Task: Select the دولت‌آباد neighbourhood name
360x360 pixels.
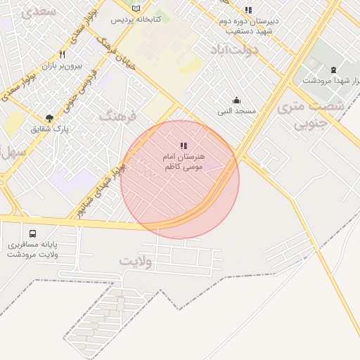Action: [233, 51]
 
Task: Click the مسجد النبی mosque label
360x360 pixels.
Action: [236, 112]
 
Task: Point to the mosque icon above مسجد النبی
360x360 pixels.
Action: [236, 101]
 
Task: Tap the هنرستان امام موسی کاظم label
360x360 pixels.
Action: [184, 161]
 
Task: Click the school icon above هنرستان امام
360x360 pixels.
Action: [184, 146]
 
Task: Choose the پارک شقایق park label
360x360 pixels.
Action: [50, 129]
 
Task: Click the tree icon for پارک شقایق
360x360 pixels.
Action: [49, 117]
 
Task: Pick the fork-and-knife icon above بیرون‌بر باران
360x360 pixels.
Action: [63, 54]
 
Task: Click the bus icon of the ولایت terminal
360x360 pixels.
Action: [32, 234]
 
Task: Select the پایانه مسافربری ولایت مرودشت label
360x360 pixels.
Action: [33, 250]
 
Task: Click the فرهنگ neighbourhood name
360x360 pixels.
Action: [116, 115]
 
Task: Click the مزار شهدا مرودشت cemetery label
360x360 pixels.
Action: [333, 80]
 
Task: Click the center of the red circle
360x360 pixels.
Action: [180, 179]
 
